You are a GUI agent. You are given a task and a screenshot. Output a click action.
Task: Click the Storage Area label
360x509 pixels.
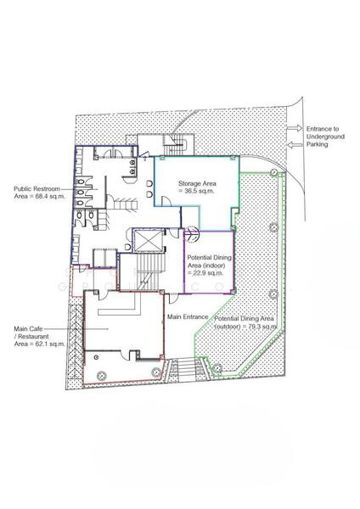pyautogui.click(x=197, y=184)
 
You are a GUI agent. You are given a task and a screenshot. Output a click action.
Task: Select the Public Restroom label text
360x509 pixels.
pyautogui.click(x=37, y=189)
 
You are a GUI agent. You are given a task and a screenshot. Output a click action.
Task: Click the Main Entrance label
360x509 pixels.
pyautogui.click(x=188, y=316)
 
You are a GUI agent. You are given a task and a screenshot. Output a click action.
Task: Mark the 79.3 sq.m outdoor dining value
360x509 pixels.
pyautogui.click(x=262, y=327)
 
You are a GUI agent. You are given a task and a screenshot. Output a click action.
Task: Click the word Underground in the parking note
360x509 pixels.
pyautogui.click(x=325, y=137)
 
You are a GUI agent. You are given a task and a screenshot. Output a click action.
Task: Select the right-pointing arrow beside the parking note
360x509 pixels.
pyautogui.click(x=295, y=129)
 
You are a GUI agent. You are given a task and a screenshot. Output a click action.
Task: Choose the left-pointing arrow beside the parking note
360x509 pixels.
pyautogui.click(x=295, y=144)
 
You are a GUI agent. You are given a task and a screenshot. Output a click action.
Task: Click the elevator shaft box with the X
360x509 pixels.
pyautogui.click(x=149, y=241)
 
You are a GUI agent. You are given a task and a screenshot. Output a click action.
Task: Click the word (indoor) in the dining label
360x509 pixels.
pyautogui.click(x=213, y=266)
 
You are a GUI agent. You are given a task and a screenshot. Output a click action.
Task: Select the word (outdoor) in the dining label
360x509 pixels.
pyautogui.click(x=227, y=327)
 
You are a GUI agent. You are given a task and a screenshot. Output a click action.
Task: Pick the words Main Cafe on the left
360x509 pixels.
pyautogui.click(x=28, y=329)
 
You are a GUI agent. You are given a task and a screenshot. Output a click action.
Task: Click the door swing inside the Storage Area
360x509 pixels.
pyautogui.click(x=166, y=201)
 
